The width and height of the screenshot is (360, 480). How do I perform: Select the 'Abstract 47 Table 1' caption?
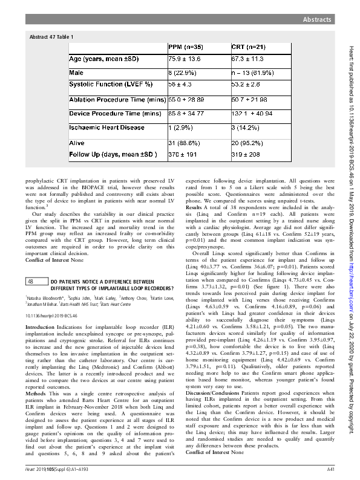(51, 37)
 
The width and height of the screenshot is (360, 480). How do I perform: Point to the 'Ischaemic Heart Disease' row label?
(104, 127)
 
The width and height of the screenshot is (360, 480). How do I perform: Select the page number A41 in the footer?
(331, 469)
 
